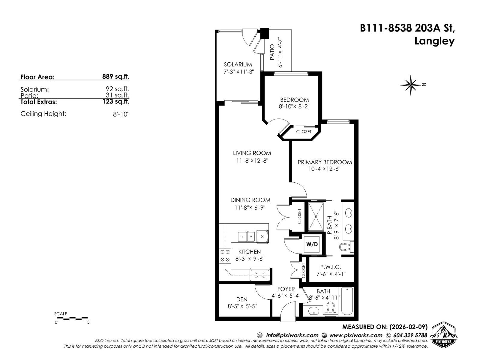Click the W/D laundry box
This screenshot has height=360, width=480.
click(x=312, y=244)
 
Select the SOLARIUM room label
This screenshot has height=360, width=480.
click(x=238, y=64)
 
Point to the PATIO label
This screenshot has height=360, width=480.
click(x=272, y=52)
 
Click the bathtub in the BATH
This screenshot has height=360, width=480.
click(x=347, y=301)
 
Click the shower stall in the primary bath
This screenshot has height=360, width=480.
click(x=316, y=217)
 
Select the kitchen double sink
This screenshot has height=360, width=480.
click(x=246, y=237)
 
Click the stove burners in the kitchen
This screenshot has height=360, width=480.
click(x=225, y=256)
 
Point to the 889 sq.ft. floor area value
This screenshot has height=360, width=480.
click(x=115, y=76)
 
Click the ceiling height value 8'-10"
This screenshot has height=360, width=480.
click(x=121, y=114)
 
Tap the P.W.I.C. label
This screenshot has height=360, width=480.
click(x=331, y=267)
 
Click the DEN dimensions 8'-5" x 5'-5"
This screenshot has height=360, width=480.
click(x=242, y=306)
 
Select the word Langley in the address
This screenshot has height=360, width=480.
click(x=434, y=41)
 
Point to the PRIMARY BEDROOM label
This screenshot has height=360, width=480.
click(x=325, y=162)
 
